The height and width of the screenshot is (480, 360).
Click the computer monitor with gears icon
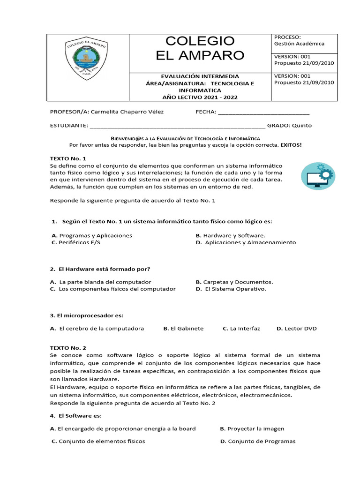click(317, 177)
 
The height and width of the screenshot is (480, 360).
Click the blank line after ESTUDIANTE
click(177, 126)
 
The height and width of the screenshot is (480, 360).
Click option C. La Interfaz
click(241, 329)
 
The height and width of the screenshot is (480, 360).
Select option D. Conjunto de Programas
click(258, 441)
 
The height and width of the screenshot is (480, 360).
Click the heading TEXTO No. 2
click(68, 348)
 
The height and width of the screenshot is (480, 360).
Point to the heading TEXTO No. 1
click(68, 158)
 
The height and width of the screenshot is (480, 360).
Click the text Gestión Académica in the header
click(299, 44)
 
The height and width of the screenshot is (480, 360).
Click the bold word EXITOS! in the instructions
click(291, 145)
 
